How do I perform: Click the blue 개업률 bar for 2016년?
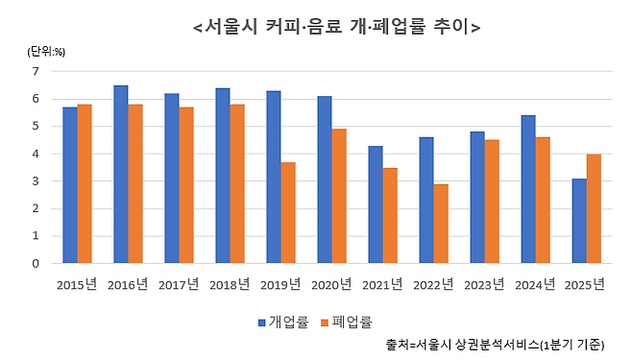(x=121, y=174)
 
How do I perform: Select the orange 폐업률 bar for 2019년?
(x=287, y=212)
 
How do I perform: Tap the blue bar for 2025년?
(x=579, y=220)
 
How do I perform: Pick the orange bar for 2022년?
(x=440, y=223)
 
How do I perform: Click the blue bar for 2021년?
(x=376, y=204)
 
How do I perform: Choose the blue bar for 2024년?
(x=528, y=188)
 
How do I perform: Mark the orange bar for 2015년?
(x=85, y=183)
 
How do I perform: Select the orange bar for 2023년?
(x=491, y=201)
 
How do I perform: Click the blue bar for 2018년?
(x=223, y=175)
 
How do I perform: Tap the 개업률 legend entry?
(x=283, y=322)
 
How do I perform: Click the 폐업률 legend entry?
(x=346, y=322)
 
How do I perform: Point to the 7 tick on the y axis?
(x=36, y=71)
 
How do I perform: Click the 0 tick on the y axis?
(x=36, y=263)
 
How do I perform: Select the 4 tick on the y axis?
(x=36, y=154)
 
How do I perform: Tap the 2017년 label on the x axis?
(x=179, y=283)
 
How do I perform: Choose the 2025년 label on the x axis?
(x=586, y=283)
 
